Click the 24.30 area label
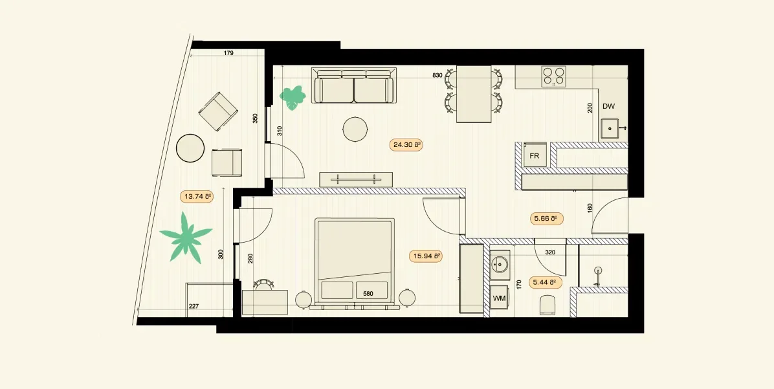(406, 145)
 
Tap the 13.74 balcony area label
(197, 197)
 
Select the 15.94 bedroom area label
(425, 256)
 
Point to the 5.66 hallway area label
(546, 219)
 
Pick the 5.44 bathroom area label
(546, 283)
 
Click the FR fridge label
(534, 156)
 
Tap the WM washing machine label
(499, 298)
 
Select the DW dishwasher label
(608, 106)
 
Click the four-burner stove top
(553, 76)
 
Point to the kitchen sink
(611, 129)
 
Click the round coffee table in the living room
(355, 129)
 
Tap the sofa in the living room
(354, 85)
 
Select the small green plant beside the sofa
(293, 97)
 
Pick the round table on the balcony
(190, 148)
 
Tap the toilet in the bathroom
(547, 305)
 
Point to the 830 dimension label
(437, 76)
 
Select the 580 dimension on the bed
(368, 294)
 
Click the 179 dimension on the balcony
(228, 53)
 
